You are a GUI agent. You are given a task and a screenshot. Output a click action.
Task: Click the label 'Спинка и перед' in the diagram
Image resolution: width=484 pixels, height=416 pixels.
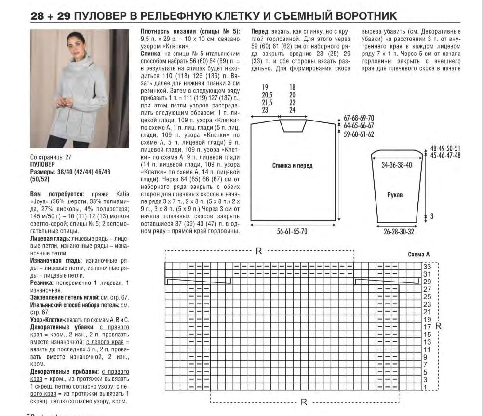pyautogui.click(x=292, y=166)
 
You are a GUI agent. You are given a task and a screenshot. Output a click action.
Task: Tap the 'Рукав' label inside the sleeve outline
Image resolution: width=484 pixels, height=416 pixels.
pyautogui.click(x=395, y=195)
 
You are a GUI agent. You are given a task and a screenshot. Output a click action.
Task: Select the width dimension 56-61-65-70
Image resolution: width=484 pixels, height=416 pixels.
pyautogui.click(x=292, y=232)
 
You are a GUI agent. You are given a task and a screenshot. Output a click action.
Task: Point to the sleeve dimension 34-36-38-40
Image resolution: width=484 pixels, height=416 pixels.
pyautogui.click(x=397, y=165)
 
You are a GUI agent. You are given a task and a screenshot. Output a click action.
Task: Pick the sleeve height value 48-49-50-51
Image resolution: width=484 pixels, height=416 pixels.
pyautogui.click(x=445, y=148)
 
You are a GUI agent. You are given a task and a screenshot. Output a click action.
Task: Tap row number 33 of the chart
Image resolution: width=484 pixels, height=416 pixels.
pyautogui.click(x=427, y=267)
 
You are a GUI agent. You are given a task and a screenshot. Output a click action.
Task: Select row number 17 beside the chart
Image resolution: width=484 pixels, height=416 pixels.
pyautogui.click(x=427, y=327)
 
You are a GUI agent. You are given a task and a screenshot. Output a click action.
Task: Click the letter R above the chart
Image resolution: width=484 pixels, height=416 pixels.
pyautogui.click(x=258, y=251)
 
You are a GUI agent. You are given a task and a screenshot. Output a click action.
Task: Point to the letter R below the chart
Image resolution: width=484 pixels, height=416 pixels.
pyautogui.click(x=304, y=402)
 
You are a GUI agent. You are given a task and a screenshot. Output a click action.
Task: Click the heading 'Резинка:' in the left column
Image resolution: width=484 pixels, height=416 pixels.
pyautogui.click(x=42, y=283)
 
